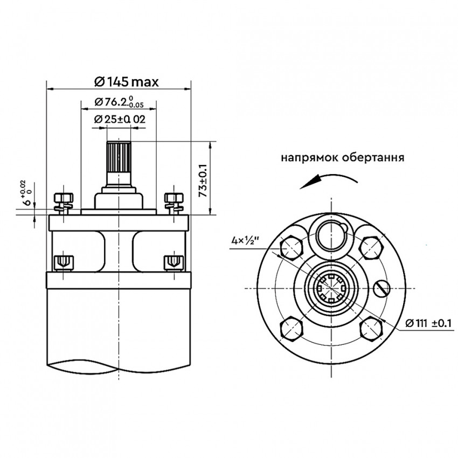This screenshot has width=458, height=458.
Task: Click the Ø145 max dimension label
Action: click(x=127, y=82)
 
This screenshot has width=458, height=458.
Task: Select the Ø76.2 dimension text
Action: click(x=119, y=102)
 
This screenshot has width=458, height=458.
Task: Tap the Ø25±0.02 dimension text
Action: click(x=120, y=119)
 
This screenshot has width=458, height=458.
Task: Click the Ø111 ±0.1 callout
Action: click(x=429, y=323)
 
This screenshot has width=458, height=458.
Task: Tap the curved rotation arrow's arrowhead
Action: click(x=309, y=183)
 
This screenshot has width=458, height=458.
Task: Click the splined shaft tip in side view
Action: click(x=119, y=157)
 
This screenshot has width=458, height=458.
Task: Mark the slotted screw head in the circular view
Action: click(x=381, y=288)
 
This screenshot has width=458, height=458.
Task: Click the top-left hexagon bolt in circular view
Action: click(x=291, y=248)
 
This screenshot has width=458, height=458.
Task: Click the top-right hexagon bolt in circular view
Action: click(x=371, y=248)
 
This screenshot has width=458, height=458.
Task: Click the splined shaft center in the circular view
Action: click(x=331, y=288)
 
